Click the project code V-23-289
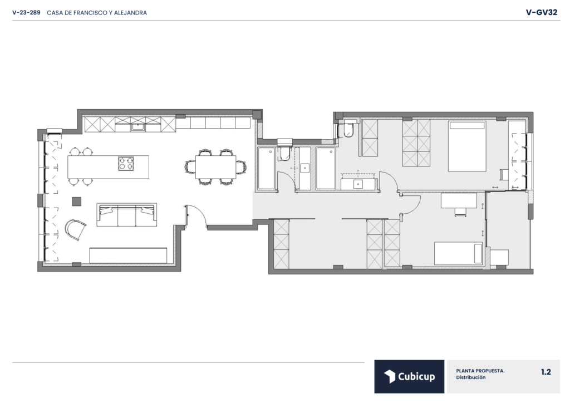(26, 13)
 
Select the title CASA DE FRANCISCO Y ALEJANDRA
(97, 13)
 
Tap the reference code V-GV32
(541, 12)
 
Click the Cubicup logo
(409, 376)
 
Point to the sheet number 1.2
(546, 372)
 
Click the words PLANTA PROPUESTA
(480, 371)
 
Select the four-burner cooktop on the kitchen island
(126, 163)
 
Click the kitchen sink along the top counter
(138, 127)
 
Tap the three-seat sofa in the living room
(126, 215)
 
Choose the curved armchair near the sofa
(76, 229)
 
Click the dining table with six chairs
(215, 167)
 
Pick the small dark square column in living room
(76, 202)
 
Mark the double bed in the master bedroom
(467, 146)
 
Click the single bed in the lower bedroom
(459, 253)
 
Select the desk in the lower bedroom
(459, 200)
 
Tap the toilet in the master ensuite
(348, 130)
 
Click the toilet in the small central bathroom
(284, 153)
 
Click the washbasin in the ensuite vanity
(358, 184)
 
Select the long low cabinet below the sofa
(128, 255)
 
